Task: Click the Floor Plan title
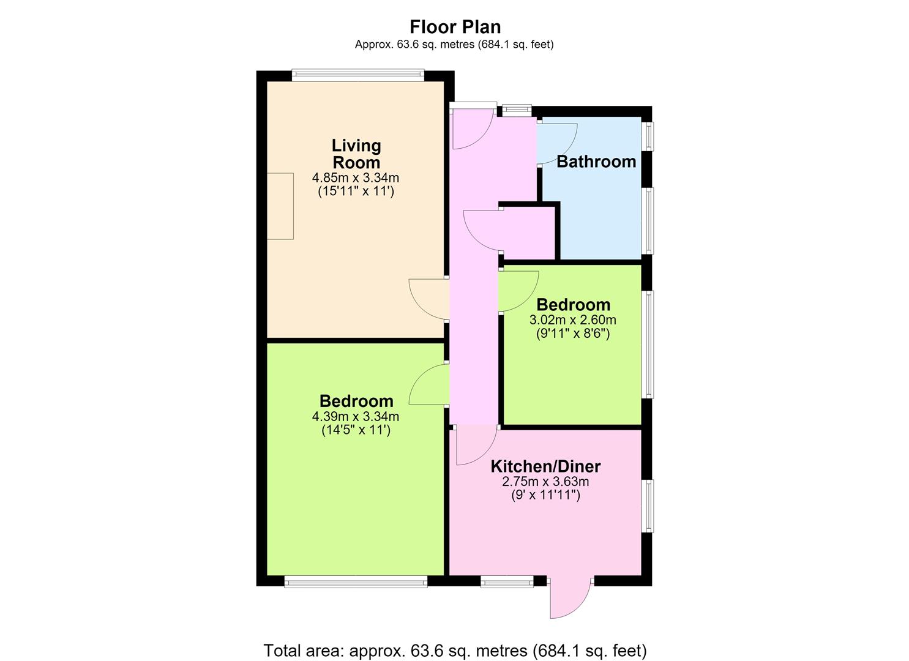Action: [x=455, y=27]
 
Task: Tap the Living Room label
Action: [x=356, y=154]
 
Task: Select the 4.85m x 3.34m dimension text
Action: [x=356, y=177]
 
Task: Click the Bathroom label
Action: [x=596, y=162]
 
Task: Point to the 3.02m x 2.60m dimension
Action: [x=572, y=319]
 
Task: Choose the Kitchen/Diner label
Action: [x=545, y=466]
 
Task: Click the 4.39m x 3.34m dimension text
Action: [x=356, y=416]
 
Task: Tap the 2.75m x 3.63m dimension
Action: [x=545, y=482]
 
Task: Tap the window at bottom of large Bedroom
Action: [x=356, y=583]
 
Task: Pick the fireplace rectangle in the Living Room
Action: [x=280, y=206]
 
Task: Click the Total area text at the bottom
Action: [x=455, y=650]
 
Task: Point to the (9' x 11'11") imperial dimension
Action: [x=545, y=495]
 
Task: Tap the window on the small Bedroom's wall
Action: [x=649, y=345]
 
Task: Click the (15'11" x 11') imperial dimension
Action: [x=356, y=191]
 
